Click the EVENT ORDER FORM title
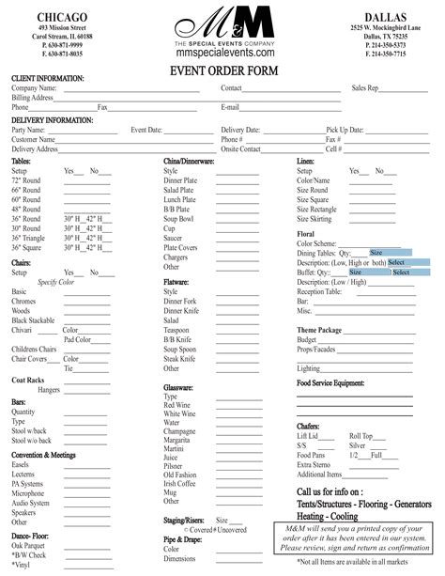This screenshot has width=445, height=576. point(222,70)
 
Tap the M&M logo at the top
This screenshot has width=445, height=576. point(222,22)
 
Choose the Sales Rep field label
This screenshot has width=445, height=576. point(365,87)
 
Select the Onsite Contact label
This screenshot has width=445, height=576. point(241,148)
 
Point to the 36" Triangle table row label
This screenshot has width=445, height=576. point(28,238)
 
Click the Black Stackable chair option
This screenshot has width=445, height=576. point(34,320)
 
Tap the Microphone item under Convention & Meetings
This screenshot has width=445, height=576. point(27,492)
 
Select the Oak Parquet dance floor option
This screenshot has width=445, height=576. point(28,546)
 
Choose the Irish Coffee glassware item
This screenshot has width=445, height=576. point(179,482)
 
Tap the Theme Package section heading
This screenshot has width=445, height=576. point(319,331)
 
